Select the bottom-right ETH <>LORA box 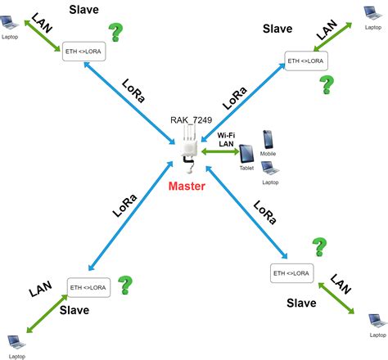(292, 272)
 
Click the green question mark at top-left (118, 33)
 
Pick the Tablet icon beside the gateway (246, 156)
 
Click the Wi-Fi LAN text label (226, 138)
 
